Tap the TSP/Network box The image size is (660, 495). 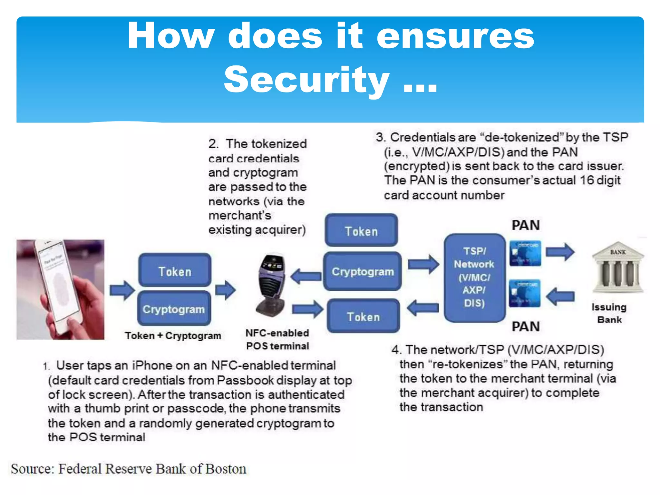pos(474,277)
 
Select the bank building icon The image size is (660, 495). pos(617,267)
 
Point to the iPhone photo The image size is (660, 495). pos(60,289)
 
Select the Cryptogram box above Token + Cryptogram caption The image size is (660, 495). pos(174,309)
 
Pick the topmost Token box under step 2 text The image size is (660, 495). pos(361,230)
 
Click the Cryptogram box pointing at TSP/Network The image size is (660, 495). pos(363,271)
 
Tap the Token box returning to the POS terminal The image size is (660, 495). pos(363,316)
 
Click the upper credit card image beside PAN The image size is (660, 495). pos(525,253)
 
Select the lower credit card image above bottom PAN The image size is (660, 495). pos(524,293)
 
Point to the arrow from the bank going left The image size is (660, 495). pos(561,296)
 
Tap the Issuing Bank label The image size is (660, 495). pos(609,313)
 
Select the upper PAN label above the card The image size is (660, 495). pos(526,225)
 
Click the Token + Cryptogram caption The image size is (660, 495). pos(173,335)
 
